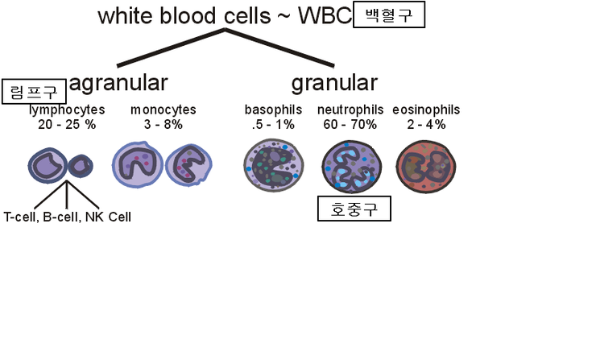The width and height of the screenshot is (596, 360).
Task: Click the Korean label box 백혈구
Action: [x=388, y=16]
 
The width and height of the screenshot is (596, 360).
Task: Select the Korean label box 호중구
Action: [x=354, y=209]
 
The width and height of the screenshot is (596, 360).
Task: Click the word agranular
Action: [x=118, y=83]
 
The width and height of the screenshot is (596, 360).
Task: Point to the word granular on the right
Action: [x=334, y=83]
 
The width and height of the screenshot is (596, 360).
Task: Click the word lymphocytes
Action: [x=67, y=110]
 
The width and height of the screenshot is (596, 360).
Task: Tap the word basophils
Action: [x=273, y=110]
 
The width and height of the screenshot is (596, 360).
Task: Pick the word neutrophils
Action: [x=350, y=110]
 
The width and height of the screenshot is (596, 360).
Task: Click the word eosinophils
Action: [x=426, y=110]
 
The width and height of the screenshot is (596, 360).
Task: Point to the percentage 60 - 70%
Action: [x=350, y=124]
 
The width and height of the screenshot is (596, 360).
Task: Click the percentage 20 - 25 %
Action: [x=67, y=124]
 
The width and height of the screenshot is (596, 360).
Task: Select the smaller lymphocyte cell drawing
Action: [x=81, y=167]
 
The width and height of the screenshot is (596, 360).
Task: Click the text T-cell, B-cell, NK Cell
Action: [x=67, y=217]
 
